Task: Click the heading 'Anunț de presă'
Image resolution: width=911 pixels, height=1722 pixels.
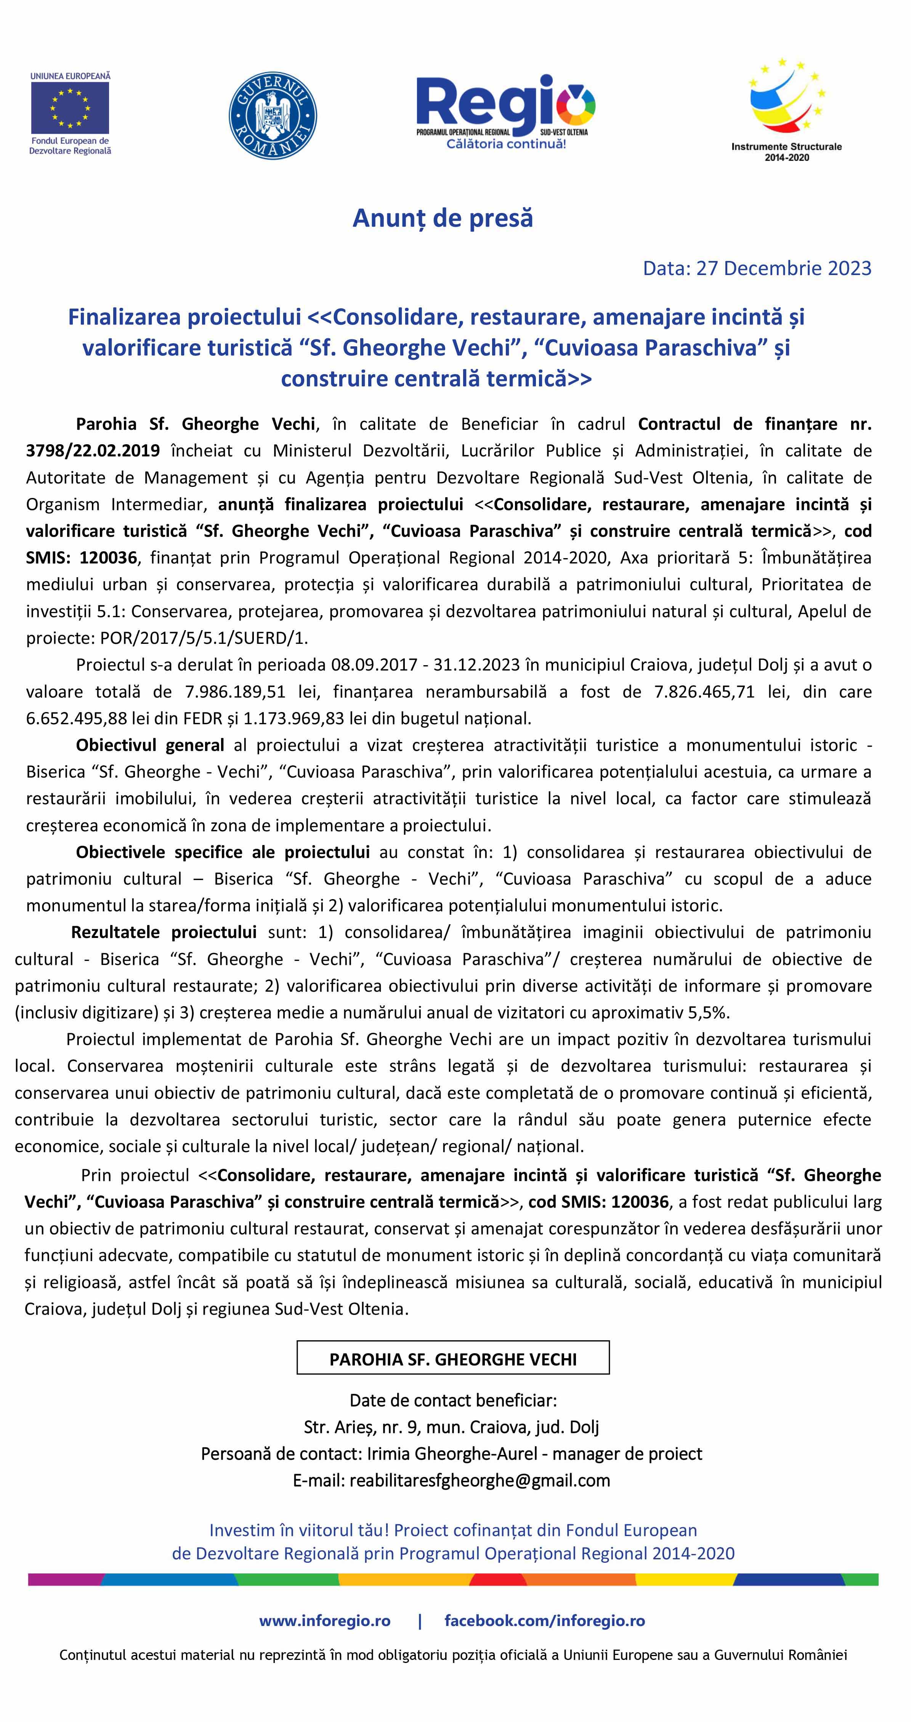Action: tap(443, 218)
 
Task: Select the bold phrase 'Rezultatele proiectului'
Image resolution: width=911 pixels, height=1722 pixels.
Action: tap(164, 932)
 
